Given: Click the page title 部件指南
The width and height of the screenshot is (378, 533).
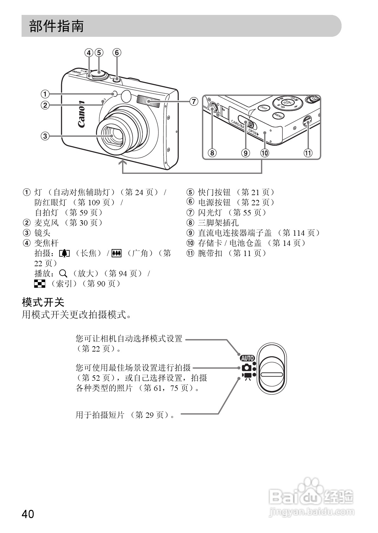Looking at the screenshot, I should [x=56, y=26].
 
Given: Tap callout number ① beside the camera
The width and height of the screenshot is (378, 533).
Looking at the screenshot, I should [x=45, y=94].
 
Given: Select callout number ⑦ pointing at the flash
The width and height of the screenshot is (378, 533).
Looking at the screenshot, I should [x=194, y=101].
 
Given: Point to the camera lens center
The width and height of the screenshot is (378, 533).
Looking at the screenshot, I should [x=113, y=135].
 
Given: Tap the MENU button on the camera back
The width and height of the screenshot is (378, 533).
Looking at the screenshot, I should [x=279, y=115].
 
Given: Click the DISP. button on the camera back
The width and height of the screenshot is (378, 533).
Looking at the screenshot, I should [x=263, y=108].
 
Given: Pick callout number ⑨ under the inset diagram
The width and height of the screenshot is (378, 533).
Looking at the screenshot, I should [x=245, y=153].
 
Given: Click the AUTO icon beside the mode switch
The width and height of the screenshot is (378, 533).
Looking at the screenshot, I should [x=247, y=358].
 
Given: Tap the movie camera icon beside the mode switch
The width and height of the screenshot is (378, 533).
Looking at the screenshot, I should [x=247, y=376].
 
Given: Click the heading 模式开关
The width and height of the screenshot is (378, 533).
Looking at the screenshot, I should [x=43, y=302].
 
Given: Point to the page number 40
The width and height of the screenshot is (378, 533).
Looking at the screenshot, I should [x=28, y=514].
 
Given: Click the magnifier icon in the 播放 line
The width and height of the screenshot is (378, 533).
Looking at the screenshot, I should [x=64, y=273].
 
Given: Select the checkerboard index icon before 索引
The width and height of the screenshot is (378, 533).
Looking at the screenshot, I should [x=40, y=283].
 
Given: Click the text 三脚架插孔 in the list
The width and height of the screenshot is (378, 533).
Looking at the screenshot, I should [x=218, y=223].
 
